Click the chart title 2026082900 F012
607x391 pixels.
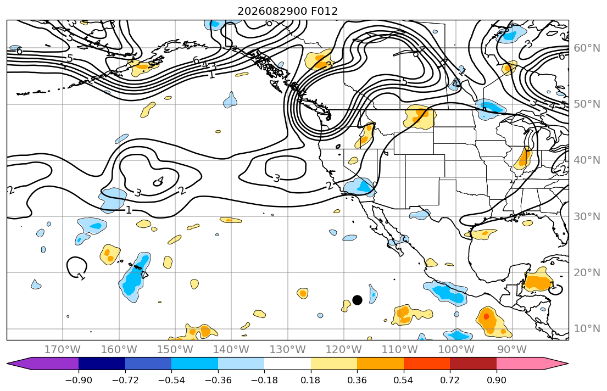(x=287, y=11)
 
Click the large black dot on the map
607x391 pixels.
(x=357, y=300)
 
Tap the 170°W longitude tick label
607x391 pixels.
(x=63, y=350)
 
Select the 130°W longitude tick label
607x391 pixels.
(x=288, y=350)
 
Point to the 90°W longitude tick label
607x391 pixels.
(x=512, y=350)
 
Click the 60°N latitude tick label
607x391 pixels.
(x=587, y=48)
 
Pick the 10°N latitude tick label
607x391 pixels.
(x=587, y=329)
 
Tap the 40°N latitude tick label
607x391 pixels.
(x=587, y=160)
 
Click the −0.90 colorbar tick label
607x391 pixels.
(x=79, y=380)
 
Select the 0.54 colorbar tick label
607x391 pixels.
(x=403, y=380)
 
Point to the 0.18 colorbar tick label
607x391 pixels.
(x=310, y=380)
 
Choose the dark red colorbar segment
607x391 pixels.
(x=473, y=364)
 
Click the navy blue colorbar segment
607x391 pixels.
(x=102, y=364)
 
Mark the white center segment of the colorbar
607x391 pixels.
(x=288, y=364)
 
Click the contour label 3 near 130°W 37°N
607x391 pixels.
(x=276, y=178)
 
